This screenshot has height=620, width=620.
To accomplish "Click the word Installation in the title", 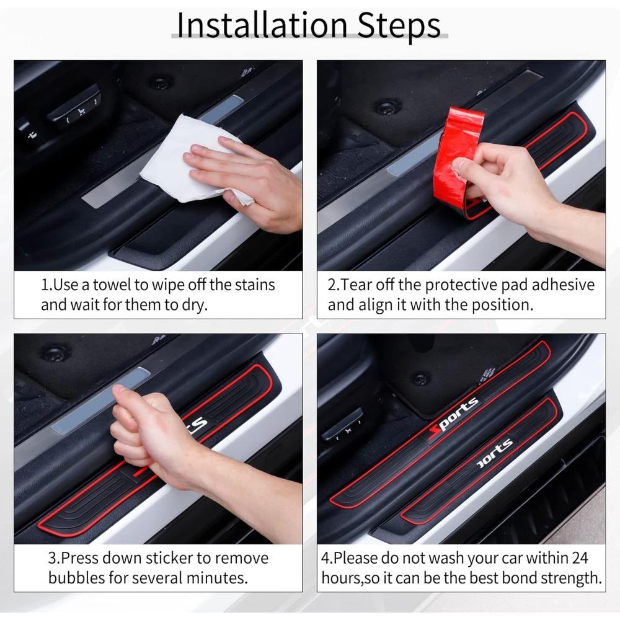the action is [262, 25].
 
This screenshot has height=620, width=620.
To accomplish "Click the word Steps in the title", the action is [399, 26].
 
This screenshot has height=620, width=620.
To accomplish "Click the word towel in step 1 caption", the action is [112, 285].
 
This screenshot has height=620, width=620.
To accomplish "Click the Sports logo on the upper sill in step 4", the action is [453, 419].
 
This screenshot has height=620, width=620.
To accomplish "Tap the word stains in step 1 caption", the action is [255, 285].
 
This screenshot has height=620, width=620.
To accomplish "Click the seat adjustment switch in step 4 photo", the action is [342, 425].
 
